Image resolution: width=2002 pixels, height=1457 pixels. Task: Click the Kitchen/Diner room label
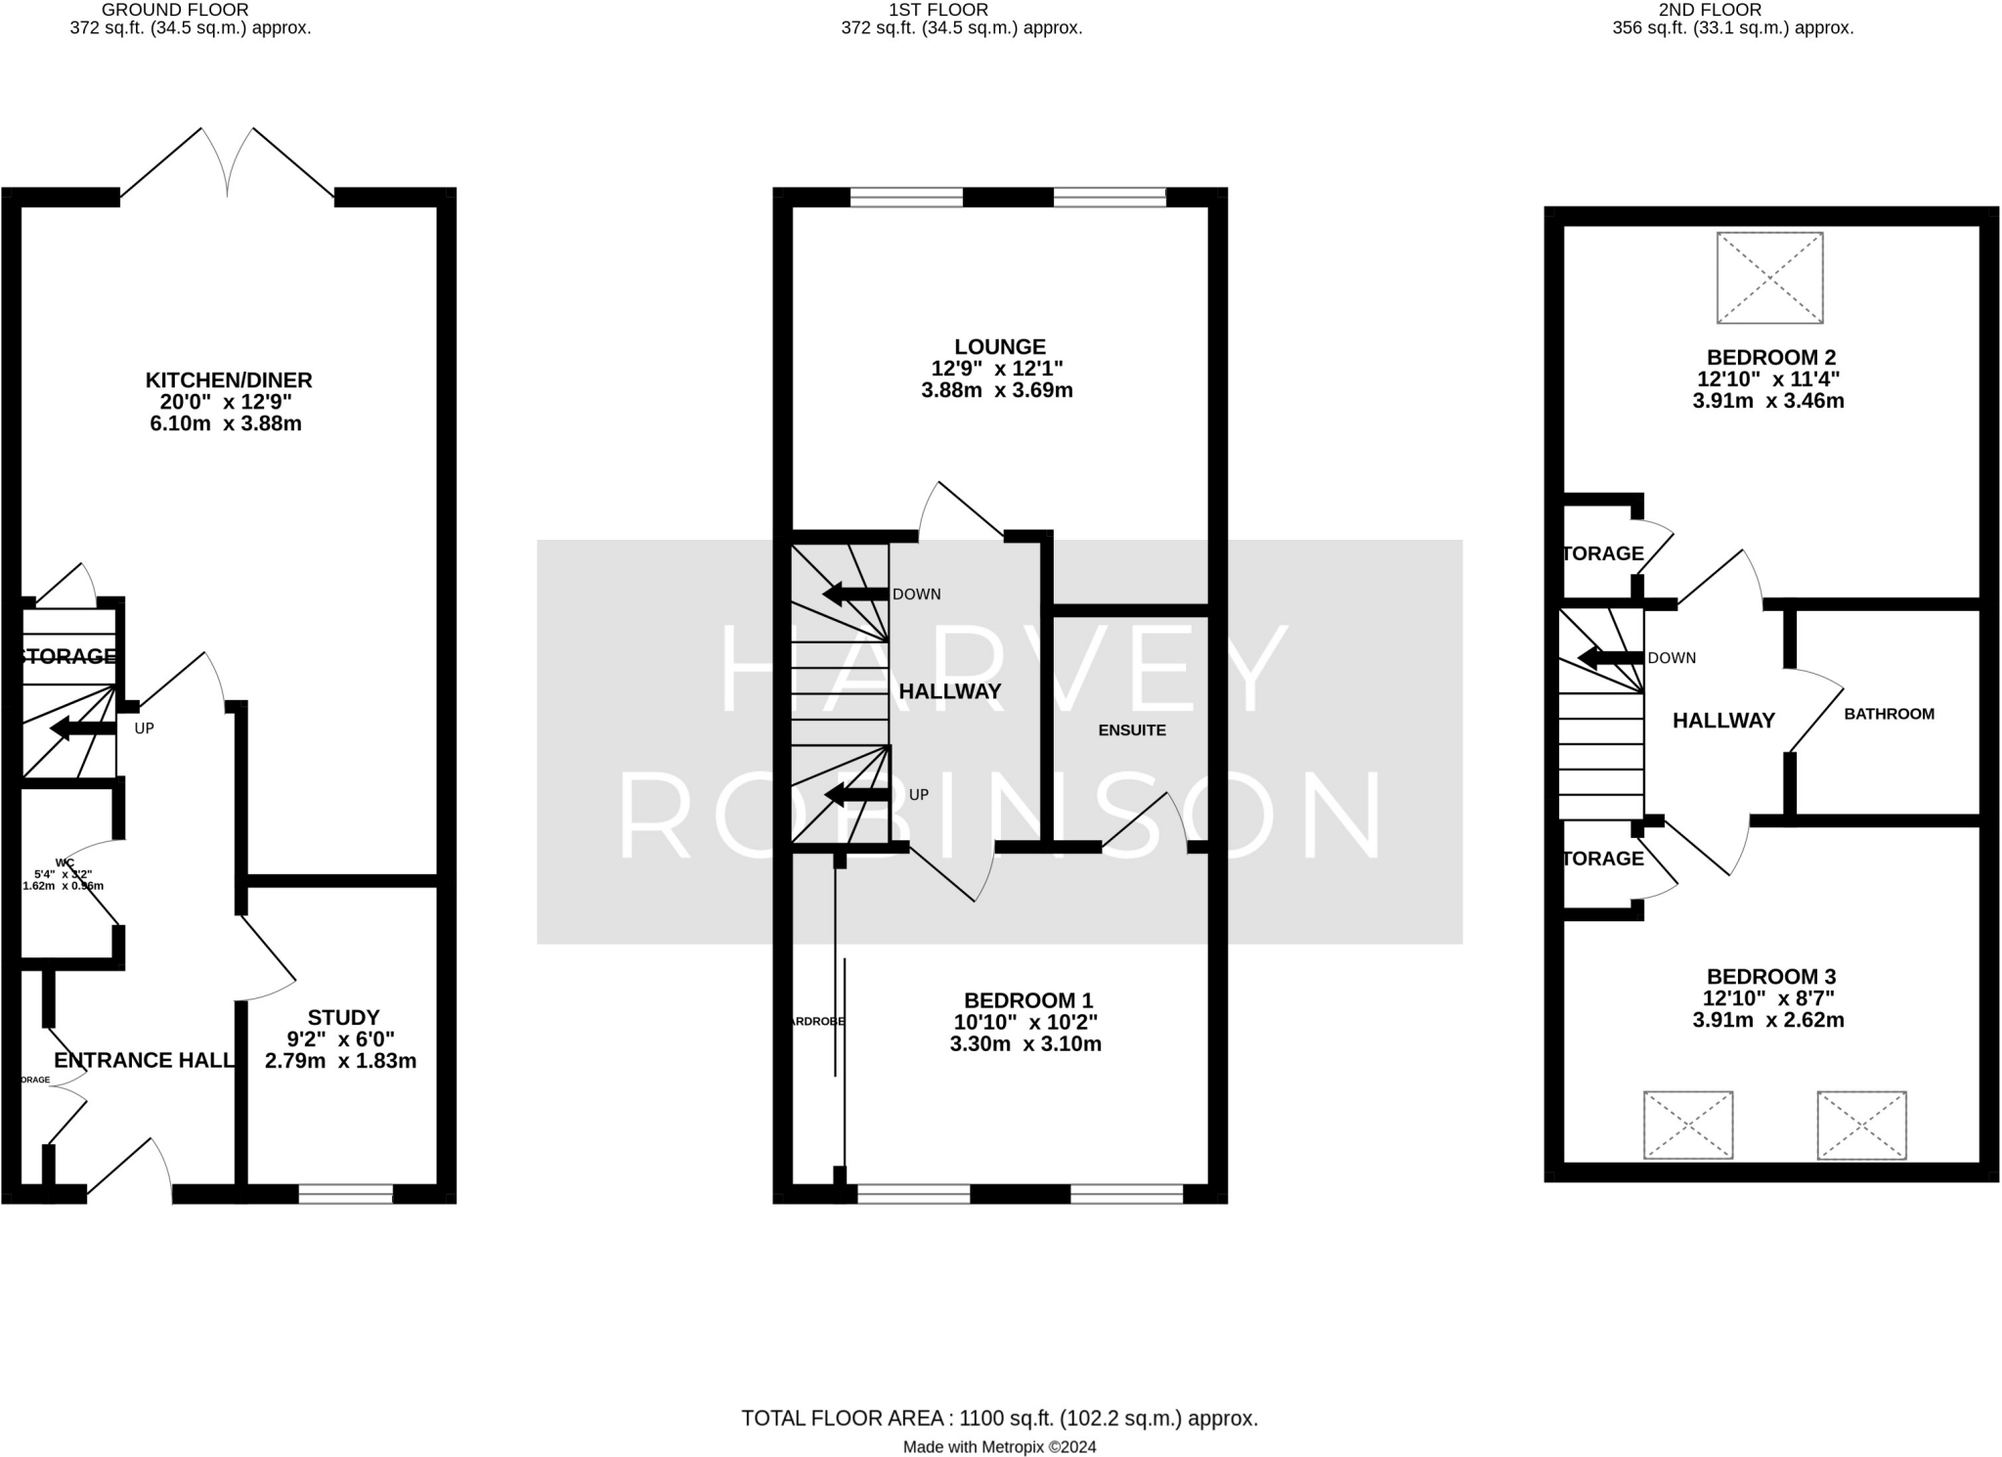click(229, 379)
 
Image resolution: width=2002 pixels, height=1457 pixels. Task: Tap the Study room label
click(343, 1017)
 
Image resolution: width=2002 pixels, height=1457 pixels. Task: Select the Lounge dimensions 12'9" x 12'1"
click(997, 369)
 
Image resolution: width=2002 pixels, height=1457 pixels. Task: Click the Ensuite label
click(1132, 730)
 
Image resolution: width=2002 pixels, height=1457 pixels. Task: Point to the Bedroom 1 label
click(1028, 1000)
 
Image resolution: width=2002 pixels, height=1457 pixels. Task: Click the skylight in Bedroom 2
click(1769, 278)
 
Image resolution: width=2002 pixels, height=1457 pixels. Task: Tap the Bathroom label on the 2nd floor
click(1889, 714)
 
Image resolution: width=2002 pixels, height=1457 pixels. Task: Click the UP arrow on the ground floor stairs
click(82, 728)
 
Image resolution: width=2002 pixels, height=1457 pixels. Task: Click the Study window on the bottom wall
click(345, 1193)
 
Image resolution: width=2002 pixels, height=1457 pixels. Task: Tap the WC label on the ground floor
click(65, 862)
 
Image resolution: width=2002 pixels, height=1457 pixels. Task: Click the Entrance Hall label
click(144, 1061)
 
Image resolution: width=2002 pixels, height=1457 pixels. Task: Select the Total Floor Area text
click(999, 1418)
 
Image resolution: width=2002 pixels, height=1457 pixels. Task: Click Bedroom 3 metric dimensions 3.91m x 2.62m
click(1768, 1020)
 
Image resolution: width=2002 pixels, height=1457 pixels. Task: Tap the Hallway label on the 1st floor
click(950, 691)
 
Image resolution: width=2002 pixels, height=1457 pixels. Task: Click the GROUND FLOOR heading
click(175, 10)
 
